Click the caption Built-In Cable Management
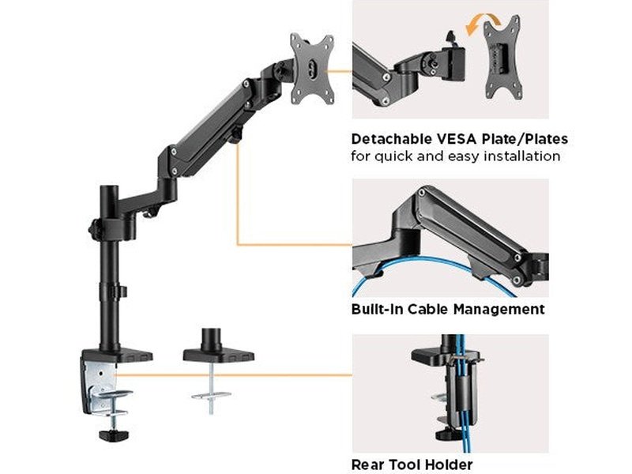448,309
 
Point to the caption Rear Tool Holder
412,465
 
